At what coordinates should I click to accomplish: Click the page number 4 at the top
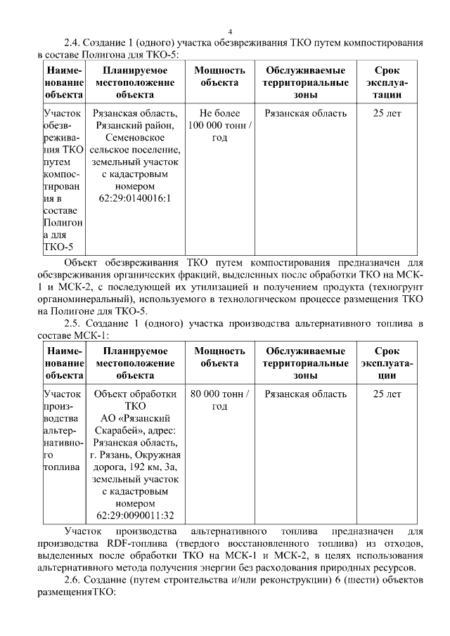click(x=230, y=31)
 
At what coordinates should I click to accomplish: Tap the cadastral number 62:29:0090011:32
click(x=136, y=516)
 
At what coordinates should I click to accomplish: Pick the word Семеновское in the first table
click(x=136, y=138)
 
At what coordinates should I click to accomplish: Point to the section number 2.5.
click(x=72, y=323)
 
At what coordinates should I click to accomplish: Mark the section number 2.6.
click(x=72, y=580)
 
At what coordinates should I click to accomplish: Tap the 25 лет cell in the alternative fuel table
click(x=387, y=394)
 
